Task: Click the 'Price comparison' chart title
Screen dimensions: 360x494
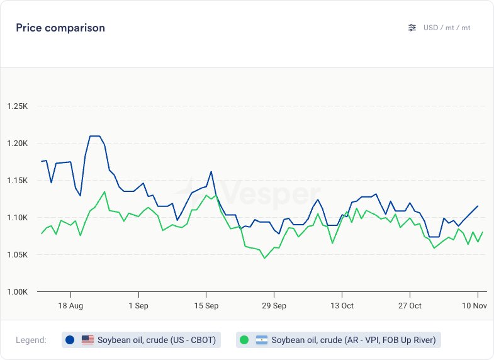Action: point(60,28)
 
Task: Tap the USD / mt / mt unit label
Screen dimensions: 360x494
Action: point(447,28)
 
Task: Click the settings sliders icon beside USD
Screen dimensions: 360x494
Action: point(412,28)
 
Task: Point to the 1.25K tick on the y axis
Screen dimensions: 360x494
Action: point(17,106)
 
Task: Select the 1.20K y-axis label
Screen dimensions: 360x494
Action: point(17,143)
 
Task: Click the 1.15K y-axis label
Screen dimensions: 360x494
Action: point(17,181)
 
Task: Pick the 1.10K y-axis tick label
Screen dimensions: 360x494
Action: point(17,218)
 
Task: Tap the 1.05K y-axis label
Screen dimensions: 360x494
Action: point(17,255)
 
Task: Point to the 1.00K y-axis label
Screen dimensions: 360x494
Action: point(17,292)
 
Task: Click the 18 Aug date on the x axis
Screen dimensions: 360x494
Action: point(70,306)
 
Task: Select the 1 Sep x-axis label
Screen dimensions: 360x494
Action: point(138,306)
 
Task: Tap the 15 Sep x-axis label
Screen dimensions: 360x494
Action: point(206,306)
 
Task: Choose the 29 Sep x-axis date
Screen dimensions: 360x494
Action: point(274,306)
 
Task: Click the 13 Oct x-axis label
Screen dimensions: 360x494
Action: point(342,306)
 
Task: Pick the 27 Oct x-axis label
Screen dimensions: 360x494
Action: point(410,306)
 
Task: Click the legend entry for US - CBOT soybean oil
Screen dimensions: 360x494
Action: point(142,340)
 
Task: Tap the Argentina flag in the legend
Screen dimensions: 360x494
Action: point(262,340)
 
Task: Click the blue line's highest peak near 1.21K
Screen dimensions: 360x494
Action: point(95,135)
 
